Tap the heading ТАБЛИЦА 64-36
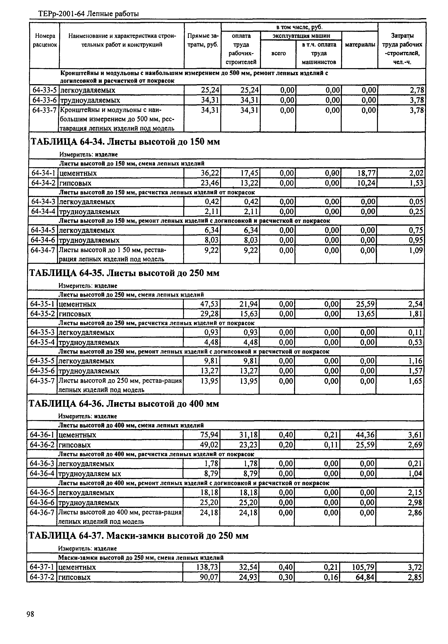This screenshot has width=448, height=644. click(124, 404)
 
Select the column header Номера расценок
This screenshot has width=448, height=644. click(45, 40)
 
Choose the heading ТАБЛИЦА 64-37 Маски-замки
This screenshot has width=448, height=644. click(139, 536)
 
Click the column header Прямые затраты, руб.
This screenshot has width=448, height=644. click(203, 40)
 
